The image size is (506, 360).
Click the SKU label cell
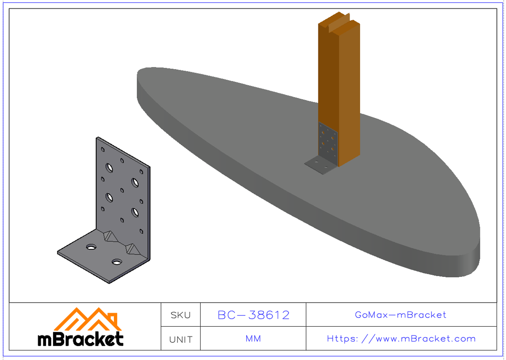point(180,315)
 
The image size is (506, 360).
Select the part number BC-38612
point(253,315)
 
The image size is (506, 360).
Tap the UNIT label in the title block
point(180,339)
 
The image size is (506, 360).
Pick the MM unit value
point(253,339)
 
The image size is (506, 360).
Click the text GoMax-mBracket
point(401,315)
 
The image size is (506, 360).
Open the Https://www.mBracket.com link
point(401,339)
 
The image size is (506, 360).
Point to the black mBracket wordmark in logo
point(81,338)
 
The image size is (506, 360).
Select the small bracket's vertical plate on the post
point(328,141)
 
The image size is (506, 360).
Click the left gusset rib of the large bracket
point(110,236)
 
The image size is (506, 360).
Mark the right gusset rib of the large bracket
point(132,250)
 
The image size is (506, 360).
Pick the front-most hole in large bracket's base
point(116,262)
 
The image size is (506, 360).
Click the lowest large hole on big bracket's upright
point(135,212)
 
